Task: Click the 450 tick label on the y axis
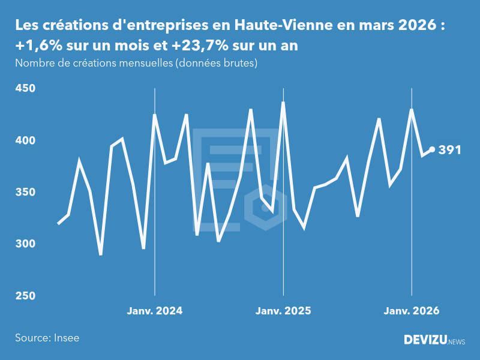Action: point(25,89)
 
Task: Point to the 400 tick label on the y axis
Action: point(25,140)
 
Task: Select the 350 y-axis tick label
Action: point(25,193)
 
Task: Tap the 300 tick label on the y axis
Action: point(25,244)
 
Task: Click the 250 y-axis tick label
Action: point(25,296)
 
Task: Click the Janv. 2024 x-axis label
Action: point(155,311)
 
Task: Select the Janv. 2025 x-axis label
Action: point(283,311)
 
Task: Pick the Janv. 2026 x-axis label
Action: point(412,311)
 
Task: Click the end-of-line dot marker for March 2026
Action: point(432,150)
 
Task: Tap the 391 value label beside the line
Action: point(450,150)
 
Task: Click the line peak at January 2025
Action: point(283,103)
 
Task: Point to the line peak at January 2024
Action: point(155,115)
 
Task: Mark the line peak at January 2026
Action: point(412,110)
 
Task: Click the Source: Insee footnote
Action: point(47,338)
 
